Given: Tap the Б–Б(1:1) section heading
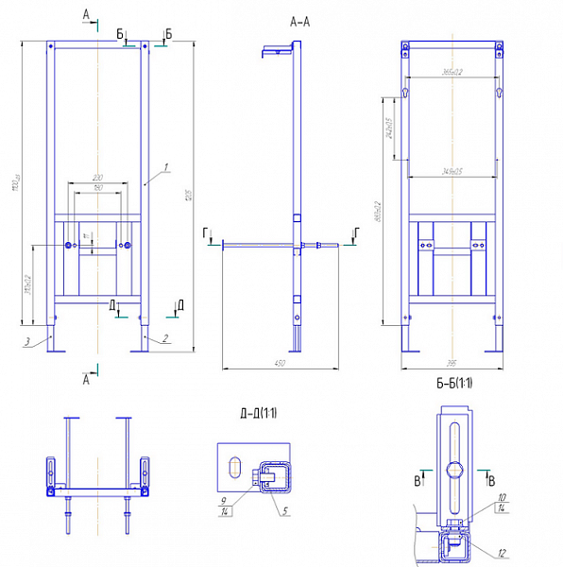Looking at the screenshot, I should point(454,384).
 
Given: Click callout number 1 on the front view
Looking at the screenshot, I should point(164,167).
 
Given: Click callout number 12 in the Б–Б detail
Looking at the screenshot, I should point(502,552).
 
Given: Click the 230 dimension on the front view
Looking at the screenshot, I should point(97,178).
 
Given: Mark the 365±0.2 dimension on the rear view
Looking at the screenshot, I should point(451,72).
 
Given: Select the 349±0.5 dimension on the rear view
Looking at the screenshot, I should point(451,171).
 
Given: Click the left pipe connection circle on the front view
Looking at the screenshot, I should point(68,247).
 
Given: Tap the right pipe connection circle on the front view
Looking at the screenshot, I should point(127,247).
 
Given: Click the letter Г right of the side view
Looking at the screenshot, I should point(354,231).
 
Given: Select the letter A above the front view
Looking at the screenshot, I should point(87,13).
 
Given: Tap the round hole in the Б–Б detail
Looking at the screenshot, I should point(455,470).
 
